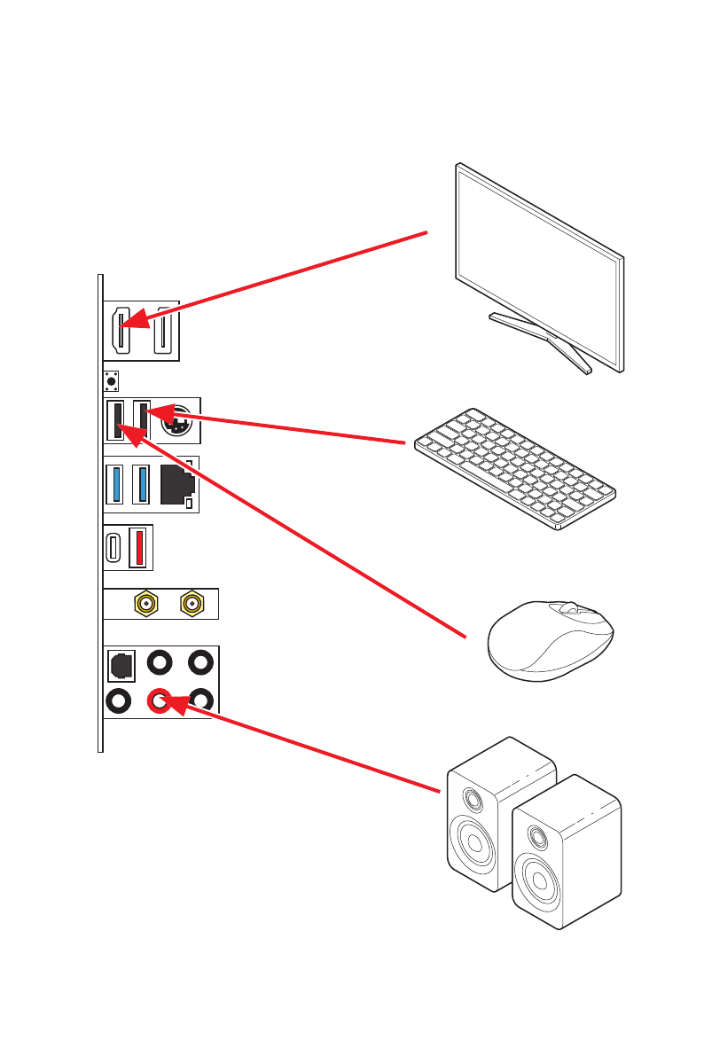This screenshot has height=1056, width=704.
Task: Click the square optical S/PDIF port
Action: click(120, 662)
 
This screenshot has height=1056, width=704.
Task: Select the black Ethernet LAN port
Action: click(176, 484)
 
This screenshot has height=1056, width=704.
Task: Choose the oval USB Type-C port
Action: click(113, 549)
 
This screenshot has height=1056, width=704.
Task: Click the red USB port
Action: click(138, 549)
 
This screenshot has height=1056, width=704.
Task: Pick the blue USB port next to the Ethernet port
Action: click(140, 484)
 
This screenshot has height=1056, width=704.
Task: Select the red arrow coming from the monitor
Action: click(284, 278)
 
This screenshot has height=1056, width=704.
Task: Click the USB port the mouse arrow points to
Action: click(114, 420)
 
